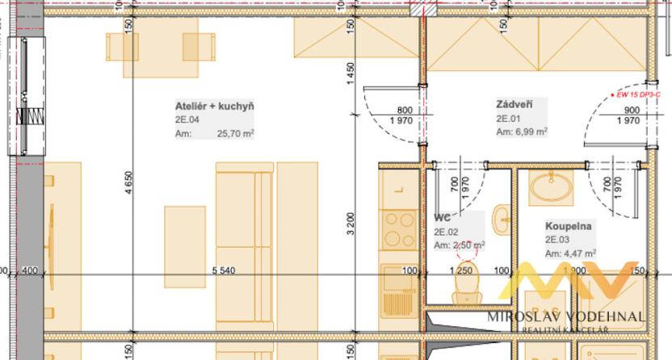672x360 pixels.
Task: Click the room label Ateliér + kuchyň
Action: pyautogui.click(x=215, y=107)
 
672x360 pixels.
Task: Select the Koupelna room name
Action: pyautogui.click(x=568, y=227)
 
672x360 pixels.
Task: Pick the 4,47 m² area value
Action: pyautogui.click(x=581, y=253)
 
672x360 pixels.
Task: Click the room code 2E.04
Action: pyautogui.click(x=187, y=119)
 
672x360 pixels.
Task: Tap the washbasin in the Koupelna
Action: pyautogui.click(x=549, y=187)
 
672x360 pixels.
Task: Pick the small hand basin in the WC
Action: pyautogui.click(x=500, y=216)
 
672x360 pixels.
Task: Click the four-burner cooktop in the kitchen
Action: pyautogui.click(x=397, y=228)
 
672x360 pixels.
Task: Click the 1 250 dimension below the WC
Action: pyautogui.click(x=464, y=270)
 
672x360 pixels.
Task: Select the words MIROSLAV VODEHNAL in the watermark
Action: pyautogui.click(x=565, y=316)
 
